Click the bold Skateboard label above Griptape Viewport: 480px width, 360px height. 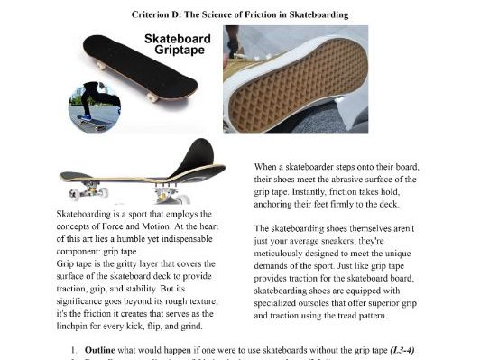pyautogui.click(x=179, y=40)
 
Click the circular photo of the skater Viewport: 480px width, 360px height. pyautogui.click(x=94, y=105)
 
